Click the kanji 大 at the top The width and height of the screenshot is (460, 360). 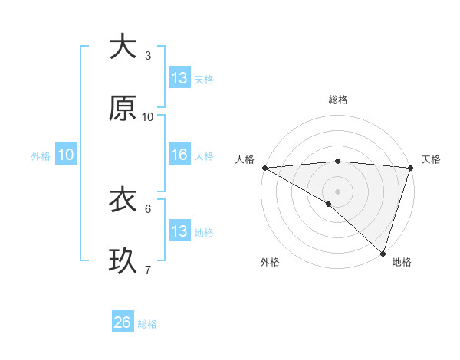point(123,47)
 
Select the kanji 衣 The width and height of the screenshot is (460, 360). point(123,200)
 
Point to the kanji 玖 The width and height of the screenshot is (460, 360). point(123,261)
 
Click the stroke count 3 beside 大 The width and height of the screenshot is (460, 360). point(148,55)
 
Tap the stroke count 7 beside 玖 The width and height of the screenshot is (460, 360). point(148,270)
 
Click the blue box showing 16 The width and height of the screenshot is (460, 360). point(179,155)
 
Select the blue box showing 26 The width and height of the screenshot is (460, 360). point(123,322)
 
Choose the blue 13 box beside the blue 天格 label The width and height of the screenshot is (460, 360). point(179,77)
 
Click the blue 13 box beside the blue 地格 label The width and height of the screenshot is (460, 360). point(179,231)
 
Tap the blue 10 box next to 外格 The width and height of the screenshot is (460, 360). point(66,155)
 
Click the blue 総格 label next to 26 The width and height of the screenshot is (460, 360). point(147,324)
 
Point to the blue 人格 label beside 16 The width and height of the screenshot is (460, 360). point(204,156)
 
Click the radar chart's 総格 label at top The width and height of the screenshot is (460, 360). point(338,100)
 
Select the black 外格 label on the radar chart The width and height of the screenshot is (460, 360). point(270,262)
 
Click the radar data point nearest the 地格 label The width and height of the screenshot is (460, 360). point(383,253)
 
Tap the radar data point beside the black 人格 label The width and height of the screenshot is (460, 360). point(264,168)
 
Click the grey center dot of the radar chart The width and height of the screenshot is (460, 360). point(337,190)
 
